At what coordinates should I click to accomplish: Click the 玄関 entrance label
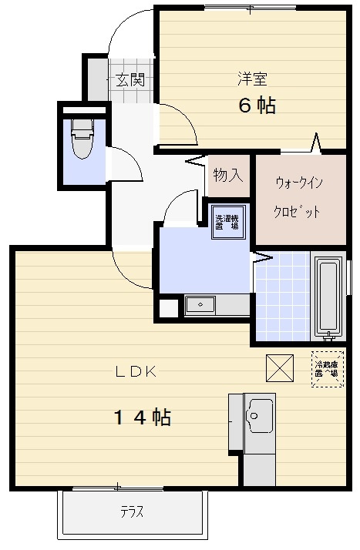[x=130, y=79]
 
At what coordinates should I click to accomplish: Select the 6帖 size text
[x=256, y=106]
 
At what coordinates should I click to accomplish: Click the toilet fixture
[x=80, y=139]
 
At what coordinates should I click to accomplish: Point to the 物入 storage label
[x=228, y=175]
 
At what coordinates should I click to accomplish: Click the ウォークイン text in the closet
[x=298, y=183]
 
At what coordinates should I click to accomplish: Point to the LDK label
[x=136, y=371]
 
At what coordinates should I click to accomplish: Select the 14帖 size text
[x=143, y=418]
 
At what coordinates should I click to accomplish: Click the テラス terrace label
[x=132, y=512]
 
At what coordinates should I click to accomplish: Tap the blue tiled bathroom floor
[x=282, y=297]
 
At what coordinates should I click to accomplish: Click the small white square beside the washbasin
[x=167, y=306]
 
